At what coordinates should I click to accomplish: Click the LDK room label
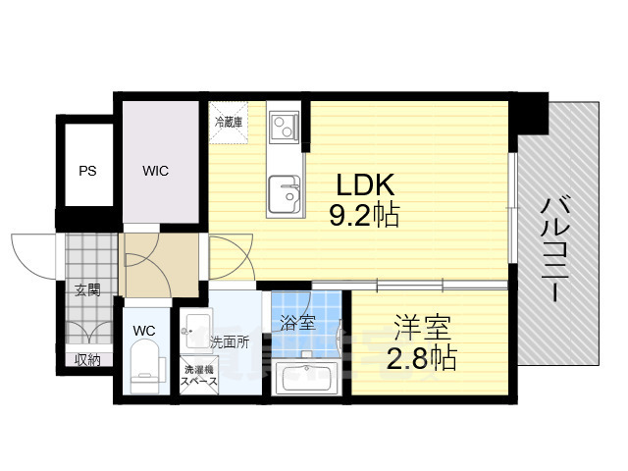point(366,183)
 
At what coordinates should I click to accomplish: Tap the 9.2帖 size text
point(366,215)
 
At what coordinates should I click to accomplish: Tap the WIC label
point(155,171)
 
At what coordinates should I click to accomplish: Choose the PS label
point(87,171)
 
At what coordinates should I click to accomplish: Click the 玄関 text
point(86,290)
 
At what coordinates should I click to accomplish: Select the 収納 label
point(87,360)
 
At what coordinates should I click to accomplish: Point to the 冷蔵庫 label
point(230,123)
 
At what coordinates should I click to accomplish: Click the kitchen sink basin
point(286,188)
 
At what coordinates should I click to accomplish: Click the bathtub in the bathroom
point(306,378)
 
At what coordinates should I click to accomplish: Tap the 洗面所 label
point(228,342)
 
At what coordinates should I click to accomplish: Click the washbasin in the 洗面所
point(195,326)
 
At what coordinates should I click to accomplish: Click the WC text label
point(144,331)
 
